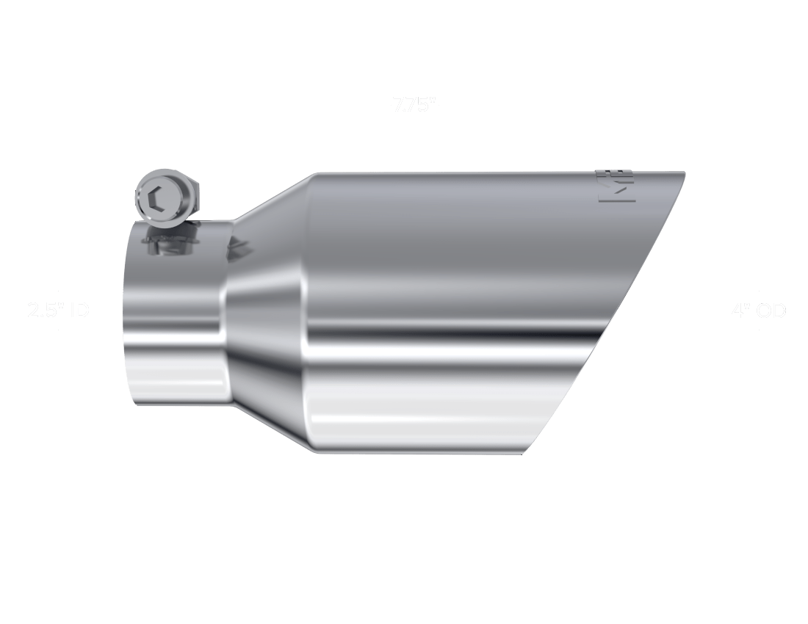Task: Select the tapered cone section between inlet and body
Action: (x=264, y=316)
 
